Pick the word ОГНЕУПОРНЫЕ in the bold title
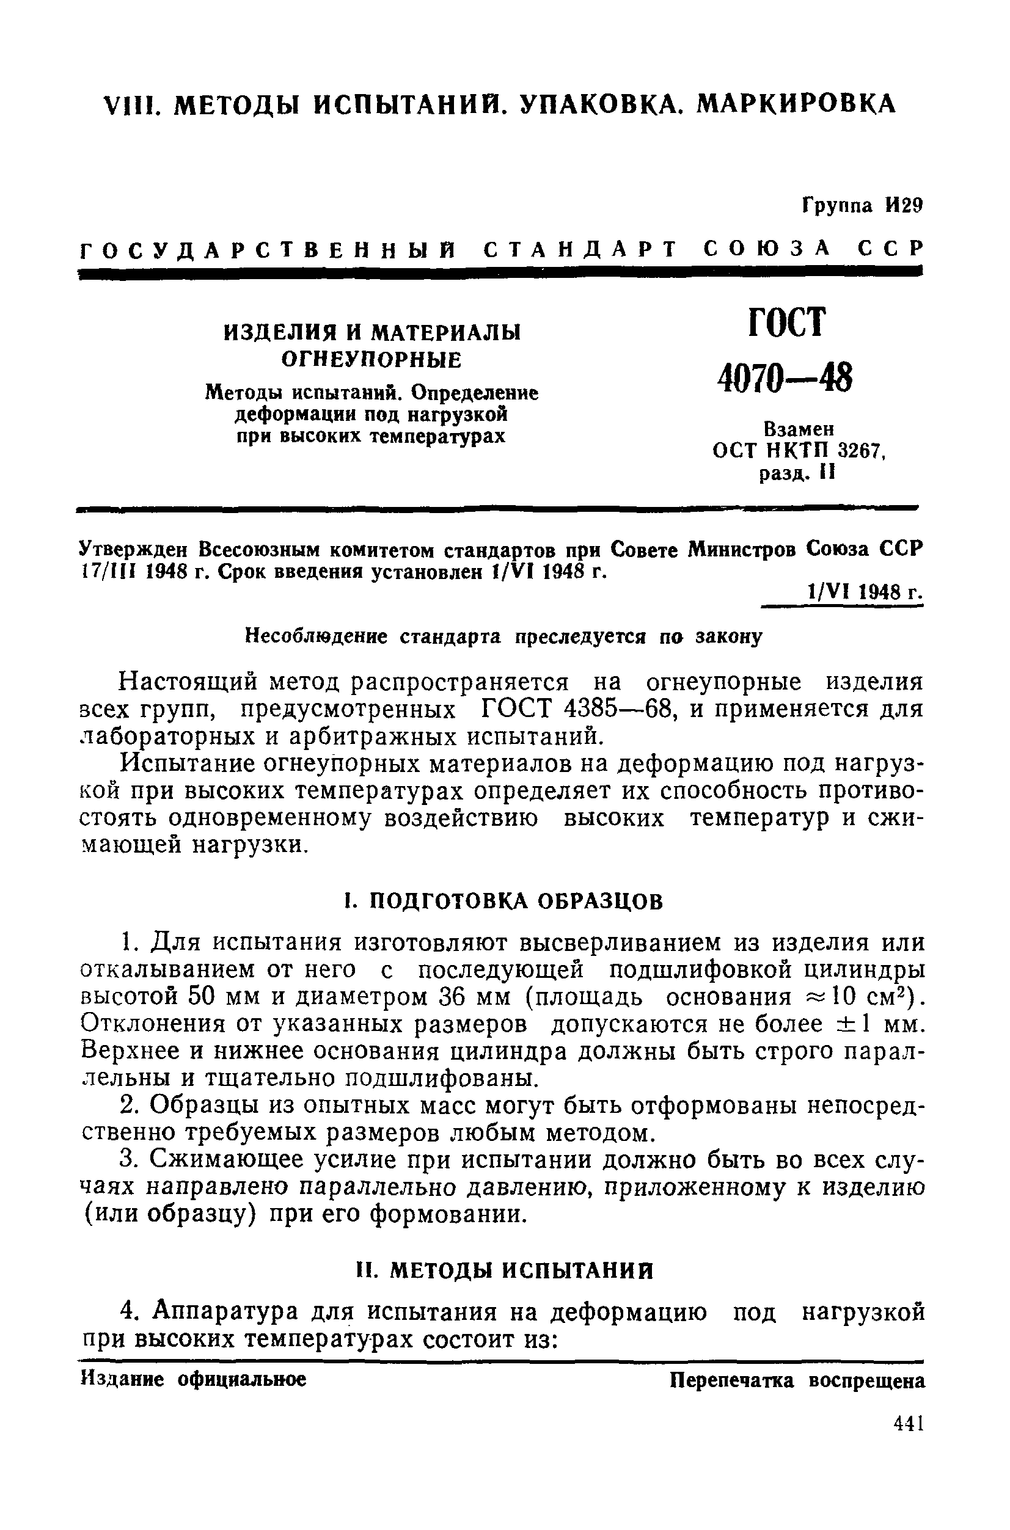tap(371, 360)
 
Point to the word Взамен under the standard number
tap(799, 428)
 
